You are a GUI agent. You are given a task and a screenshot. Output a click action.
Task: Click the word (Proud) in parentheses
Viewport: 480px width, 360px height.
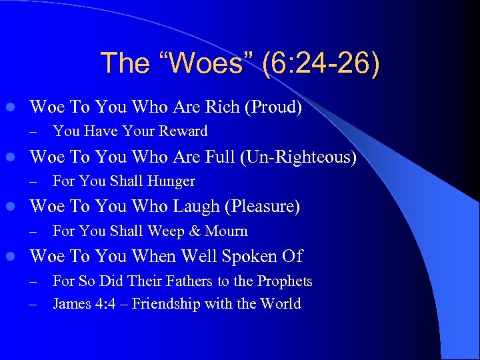click(x=273, y=107)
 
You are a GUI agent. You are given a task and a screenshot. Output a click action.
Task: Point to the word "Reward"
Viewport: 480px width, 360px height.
click(x=181, y=131)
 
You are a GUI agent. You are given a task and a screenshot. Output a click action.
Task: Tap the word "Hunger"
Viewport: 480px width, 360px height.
click(x=171, y=181)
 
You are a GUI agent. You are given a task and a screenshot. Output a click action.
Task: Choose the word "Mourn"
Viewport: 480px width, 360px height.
click(x=225, y=231)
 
